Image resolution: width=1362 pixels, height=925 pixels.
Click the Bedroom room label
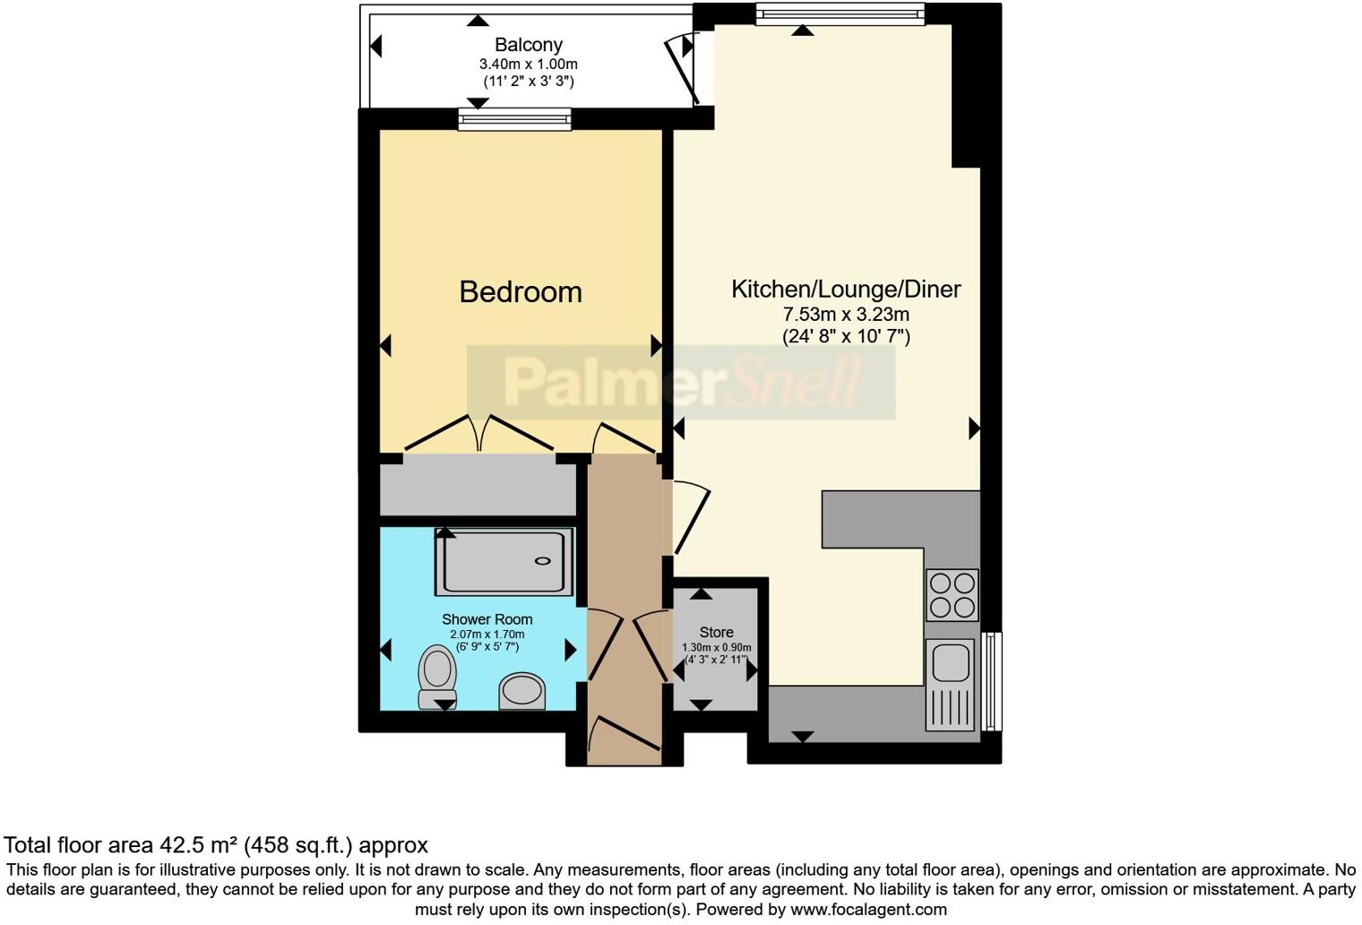tap(520, 291)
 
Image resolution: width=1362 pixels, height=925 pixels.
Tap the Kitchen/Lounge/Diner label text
tap(845, 289)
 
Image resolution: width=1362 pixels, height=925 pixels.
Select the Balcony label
tap(528, 45)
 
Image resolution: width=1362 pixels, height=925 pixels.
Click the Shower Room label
tap(487, 619)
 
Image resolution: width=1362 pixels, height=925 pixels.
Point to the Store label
tap(716, 632)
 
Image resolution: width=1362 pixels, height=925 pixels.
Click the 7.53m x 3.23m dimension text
tap(845, 315)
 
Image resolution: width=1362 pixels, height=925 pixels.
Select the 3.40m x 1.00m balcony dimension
tap(528, 65)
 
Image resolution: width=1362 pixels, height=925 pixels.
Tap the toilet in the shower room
tap(437, 678)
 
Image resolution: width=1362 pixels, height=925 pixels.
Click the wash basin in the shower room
tap(522, 691)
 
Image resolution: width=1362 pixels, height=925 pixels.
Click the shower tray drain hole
tap(543, 561)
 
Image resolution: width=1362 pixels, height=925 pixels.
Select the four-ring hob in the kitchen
tap(952, 595)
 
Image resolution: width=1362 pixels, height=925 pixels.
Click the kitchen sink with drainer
tap(950, 683)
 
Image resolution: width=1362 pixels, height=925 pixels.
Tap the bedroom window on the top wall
tap(514, 119)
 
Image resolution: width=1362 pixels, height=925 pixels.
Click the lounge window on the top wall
tap(840, 13)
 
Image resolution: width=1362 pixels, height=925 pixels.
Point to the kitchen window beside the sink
tap(992, 681)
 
